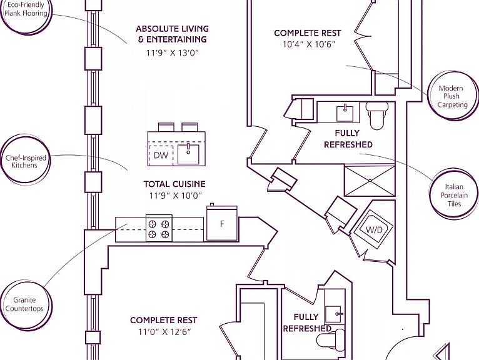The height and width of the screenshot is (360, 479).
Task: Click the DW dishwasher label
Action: (x=161, y=155)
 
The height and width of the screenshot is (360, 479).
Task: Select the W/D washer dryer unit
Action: (x=373, y=229)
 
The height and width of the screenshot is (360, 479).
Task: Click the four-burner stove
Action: (x=159, y=228)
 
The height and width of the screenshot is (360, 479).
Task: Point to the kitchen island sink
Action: (x=188, y=154)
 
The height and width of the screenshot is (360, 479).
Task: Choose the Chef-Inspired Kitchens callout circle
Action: (x=25, y=159)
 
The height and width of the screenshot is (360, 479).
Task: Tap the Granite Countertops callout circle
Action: (x=26, y=305)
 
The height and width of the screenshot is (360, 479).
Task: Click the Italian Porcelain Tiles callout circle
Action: (x=455, y=194)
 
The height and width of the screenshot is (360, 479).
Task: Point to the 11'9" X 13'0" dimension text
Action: (x=173, y=53)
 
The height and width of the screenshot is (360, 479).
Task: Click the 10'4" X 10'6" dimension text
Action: (x=308, y=44)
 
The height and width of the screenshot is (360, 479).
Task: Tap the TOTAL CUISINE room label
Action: (x=174, y=184)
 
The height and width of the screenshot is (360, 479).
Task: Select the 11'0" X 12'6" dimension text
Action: (x=164, y=332)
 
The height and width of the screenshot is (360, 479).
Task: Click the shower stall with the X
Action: (x=370, y=181)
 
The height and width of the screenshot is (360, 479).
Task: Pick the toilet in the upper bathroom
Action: (x=376, y=115)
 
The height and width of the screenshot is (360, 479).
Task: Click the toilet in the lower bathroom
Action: (x=330, y=339)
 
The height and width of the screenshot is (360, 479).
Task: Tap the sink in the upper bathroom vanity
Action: (x=345, y=113)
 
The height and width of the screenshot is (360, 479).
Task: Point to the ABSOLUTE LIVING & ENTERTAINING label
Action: (x=173, y=34)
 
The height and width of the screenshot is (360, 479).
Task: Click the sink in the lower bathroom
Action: (x=333, y=314)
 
